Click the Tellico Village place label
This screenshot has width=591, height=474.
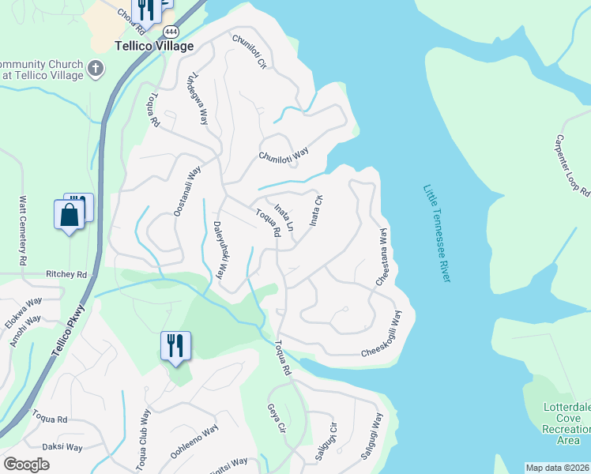154,47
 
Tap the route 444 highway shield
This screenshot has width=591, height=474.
170,31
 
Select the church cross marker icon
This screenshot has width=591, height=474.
96,68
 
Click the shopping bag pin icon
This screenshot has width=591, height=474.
69,214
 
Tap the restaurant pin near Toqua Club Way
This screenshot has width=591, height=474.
176,345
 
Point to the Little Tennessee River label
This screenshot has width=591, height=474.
437,233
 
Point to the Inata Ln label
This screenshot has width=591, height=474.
284,217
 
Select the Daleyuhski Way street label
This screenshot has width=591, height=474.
219,250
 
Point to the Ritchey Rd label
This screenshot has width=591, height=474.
66,274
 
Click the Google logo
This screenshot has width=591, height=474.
26,465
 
